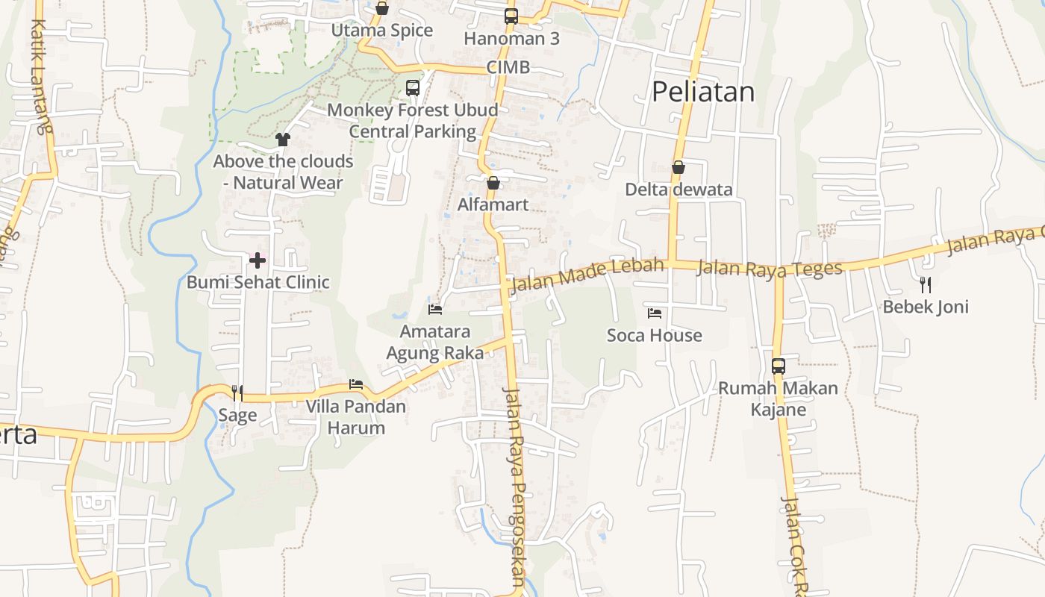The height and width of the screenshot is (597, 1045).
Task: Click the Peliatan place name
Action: pos(702,92)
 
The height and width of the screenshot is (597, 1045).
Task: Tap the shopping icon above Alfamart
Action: pos(493,183)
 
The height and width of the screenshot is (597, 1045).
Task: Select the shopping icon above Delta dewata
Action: pos(679,167)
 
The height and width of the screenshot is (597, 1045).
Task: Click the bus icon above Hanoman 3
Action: pos(511,16)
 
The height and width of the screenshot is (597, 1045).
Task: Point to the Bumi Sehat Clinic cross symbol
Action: pos(258,260)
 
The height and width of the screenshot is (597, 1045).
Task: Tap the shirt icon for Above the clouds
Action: pos(282,139)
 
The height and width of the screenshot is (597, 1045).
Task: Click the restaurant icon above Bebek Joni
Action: pos(926,284)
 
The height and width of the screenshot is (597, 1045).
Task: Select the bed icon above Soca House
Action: pos(655,313)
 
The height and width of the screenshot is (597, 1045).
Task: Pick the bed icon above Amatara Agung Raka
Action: pos(435,309)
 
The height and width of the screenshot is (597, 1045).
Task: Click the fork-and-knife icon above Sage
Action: pos(237,393)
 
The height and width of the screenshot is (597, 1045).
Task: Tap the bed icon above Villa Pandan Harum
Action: pos(356,385)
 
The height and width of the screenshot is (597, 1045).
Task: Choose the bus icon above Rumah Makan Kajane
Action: pos(778,366)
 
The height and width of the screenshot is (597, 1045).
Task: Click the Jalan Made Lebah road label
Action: pos(587,274)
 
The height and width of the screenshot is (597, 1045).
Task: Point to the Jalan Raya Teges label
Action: pos(769,268)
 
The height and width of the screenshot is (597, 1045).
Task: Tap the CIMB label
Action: pos(508,67)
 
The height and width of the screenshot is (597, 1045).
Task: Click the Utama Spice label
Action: pos(382,31)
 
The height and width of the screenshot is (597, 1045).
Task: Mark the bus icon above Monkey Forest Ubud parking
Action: pos(413,88)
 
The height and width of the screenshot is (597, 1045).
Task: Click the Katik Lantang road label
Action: pos(41,75)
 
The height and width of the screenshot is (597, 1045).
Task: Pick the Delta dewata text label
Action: pos(679,190)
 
